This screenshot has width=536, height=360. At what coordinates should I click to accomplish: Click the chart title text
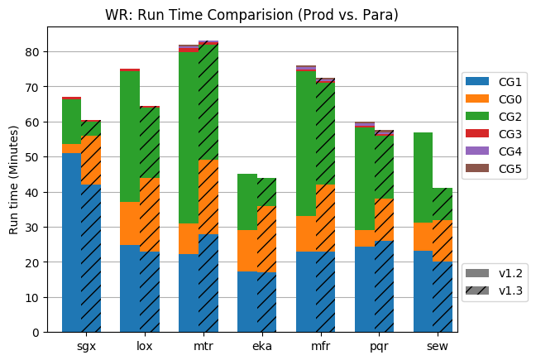(251, 15)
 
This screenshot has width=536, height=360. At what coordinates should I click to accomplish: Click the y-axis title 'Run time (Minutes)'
(14, 180)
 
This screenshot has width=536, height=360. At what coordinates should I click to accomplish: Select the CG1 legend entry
(495, 82)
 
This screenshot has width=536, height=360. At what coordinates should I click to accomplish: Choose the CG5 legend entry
(495, 169)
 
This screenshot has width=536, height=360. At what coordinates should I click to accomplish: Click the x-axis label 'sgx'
(86, 344)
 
